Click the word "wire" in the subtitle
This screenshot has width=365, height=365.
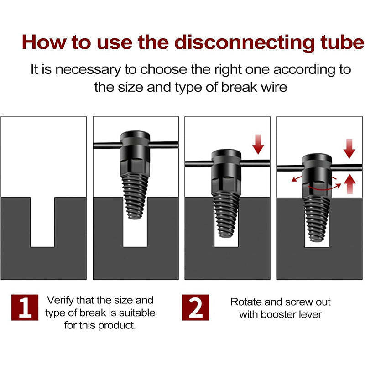coord(272,87)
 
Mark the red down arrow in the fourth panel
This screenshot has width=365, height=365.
coord(349,148)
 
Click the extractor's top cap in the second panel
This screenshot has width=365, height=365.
coord(136,138)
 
